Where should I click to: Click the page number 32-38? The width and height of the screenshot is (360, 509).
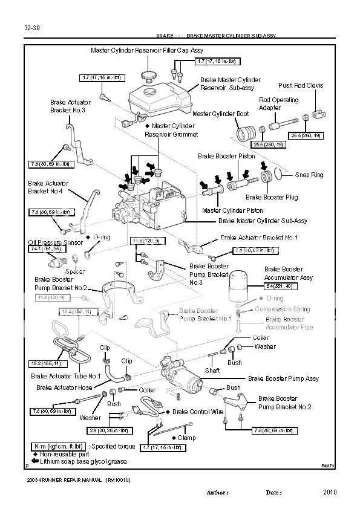32,27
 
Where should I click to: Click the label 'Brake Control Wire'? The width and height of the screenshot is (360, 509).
198,411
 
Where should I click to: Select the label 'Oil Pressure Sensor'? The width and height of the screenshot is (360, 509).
55,242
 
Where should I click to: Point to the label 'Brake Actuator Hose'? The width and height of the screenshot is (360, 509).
64,387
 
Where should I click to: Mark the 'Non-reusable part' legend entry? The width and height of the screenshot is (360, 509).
66,453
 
